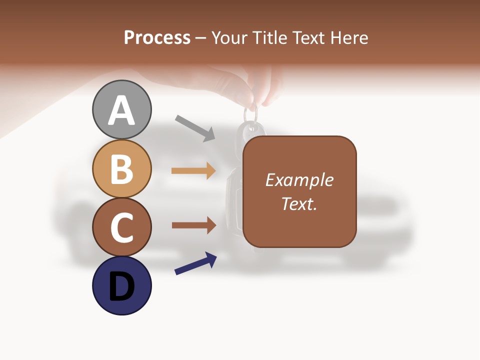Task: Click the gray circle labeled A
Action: click(121, 109)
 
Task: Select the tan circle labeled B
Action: click(121, 168)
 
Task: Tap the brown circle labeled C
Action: click(121, 227)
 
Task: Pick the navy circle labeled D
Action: click(121, 285)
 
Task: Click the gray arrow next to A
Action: click(195, 128)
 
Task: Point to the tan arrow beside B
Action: click(193, 171)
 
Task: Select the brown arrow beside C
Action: click(193, 225)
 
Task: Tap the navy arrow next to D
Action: click(195, 264)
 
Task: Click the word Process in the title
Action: click(157, 38)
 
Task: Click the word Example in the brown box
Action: click(299, 180)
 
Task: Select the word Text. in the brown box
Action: click(299, 204)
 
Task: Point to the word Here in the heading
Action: click(350, 38)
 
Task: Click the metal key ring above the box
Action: click(251, 114)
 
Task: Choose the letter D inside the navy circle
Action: click(121, 286)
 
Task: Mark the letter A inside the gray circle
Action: click(121, 110)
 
